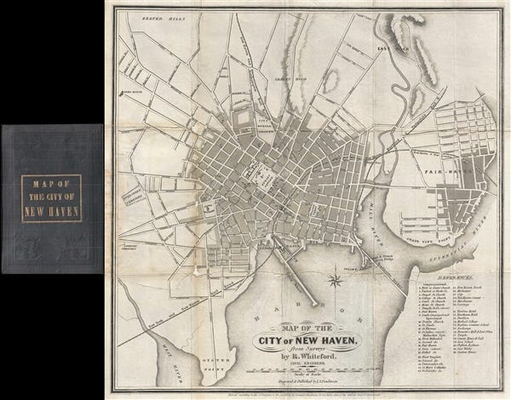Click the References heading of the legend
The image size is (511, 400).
455,278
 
